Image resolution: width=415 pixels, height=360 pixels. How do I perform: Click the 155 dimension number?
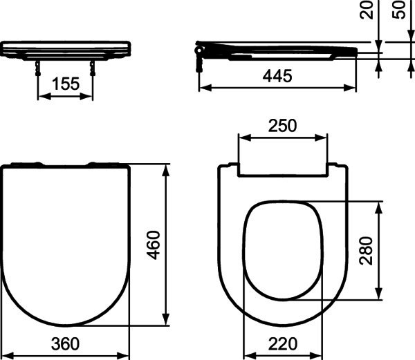pyautogui.click(x=66, y=84)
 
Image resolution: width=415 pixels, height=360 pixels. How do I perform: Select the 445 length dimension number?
pyautogui.click(x=277, y=76)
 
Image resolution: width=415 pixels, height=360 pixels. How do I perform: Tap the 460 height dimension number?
pyautogui.click(x=154, y=245)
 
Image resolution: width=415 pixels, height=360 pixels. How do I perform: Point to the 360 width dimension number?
pyautogui.click(x=65, y=344)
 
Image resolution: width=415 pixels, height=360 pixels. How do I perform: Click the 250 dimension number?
pyautogui.click(x=282, y=126)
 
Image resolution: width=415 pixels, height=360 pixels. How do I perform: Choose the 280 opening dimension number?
pyautogui.click(x=366, y=251)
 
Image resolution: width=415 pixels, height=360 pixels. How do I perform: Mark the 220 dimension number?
pyautogui.click(x=283, y=344)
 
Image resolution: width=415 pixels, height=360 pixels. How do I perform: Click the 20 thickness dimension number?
pyautogui.click(x=367, y=10)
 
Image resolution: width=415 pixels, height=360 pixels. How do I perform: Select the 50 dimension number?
pyautogui.click(x=399, y=10)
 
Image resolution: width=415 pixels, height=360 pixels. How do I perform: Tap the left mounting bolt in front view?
pyautogui.click(x=38, y=68)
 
